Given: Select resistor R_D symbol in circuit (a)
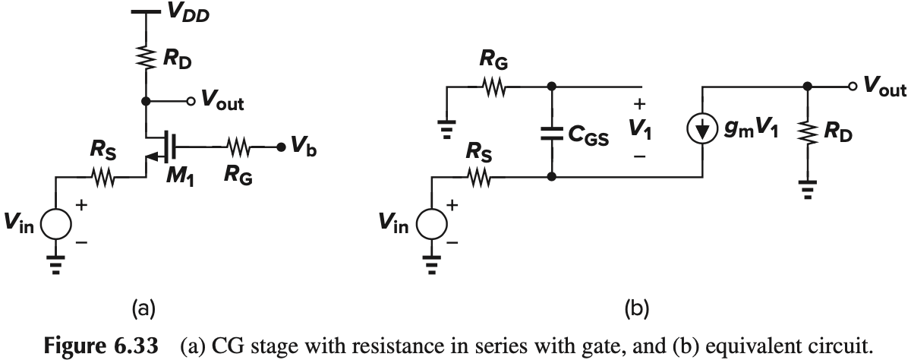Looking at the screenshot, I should (x=144, y=56).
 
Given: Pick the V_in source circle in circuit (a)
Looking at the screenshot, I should (x=55, y=226).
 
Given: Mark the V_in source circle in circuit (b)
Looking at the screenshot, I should (x=432, y=226).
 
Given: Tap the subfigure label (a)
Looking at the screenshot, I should (x=143, y=307).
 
